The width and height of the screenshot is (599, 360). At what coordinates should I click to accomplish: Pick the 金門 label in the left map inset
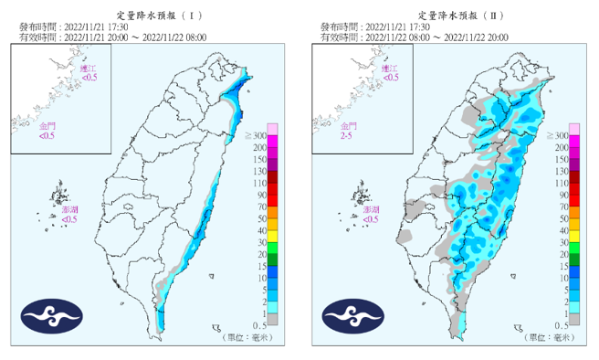point(46,125)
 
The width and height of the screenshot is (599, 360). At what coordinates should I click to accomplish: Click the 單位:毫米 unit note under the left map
point(246,338)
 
